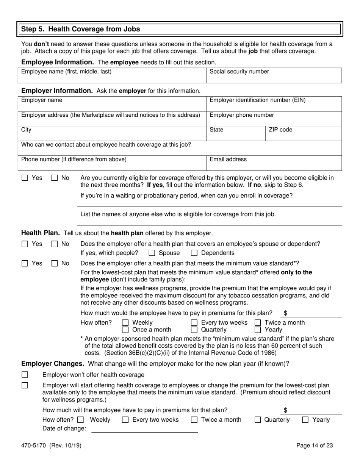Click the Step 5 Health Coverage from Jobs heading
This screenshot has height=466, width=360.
pos(80,29)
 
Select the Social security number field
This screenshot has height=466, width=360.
pos(274,76)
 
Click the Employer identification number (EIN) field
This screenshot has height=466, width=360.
pos(274,104)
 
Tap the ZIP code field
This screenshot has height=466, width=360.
pos(303,133)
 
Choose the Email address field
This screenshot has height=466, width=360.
pos(274,163)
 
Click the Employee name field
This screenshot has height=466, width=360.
pos(112,76)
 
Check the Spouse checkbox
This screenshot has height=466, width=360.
pos(152,253)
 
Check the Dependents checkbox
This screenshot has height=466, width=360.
pos(194,253)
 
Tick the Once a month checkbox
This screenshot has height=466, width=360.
pos(125,330)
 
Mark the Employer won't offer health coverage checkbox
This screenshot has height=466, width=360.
pos(25,375)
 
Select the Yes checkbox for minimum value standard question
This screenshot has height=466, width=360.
pos(25,263)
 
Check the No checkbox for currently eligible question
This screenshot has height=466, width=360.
pos(55,178)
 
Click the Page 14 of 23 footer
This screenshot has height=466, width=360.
pos(315,446)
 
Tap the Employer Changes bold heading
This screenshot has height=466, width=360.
pos(52,364)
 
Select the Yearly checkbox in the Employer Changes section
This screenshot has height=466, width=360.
pos(305,420)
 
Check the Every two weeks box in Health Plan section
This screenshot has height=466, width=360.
pos(194,323)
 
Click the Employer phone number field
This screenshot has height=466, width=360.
pos(274,119)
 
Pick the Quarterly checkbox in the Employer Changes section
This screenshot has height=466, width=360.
pos(258,420)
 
